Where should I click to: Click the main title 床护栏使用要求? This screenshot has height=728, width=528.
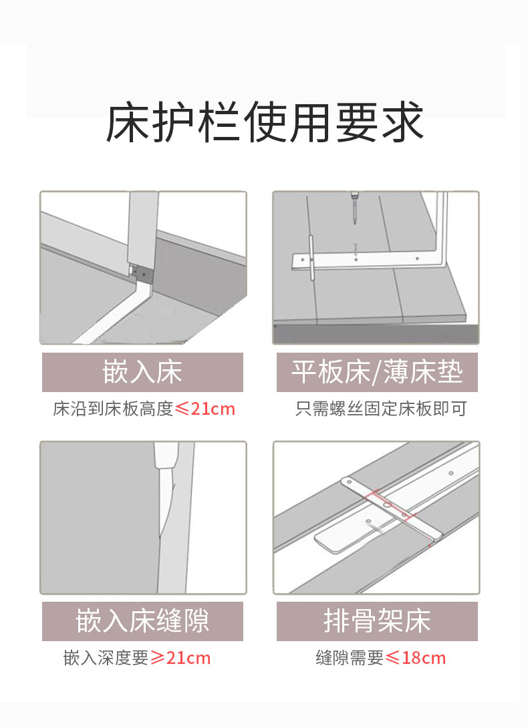(265, 123)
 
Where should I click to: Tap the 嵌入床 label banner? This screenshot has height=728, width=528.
(142, 372)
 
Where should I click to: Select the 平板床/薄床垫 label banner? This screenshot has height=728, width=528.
(377, 372)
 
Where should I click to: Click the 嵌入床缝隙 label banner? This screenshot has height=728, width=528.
(142, 621)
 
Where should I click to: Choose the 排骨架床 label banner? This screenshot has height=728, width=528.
(377, 621)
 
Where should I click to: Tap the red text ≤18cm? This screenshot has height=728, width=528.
(416, 658)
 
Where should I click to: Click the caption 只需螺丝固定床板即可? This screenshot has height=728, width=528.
(381, 409)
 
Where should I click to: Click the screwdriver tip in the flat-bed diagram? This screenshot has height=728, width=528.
(356, 223)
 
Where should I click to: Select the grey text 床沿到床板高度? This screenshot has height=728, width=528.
(113, 409)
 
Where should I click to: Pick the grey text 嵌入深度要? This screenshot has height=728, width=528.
(106, 658)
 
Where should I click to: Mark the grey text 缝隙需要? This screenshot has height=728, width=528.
(350, 658)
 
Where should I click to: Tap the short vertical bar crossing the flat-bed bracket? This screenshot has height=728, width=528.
(312, 258)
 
